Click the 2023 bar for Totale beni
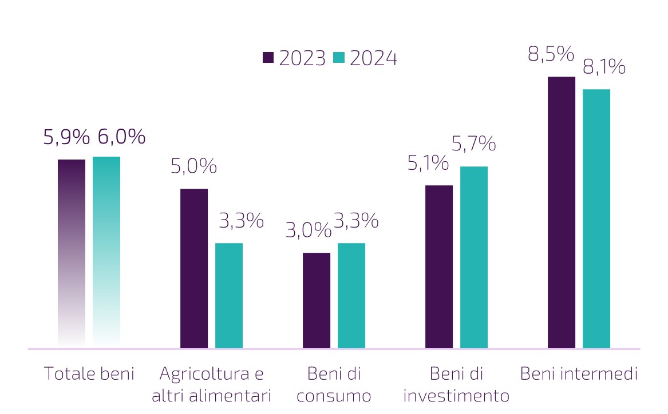tap(72, 252)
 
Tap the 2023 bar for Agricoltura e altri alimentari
tap(194, 268)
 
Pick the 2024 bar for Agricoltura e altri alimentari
tap(229, 295)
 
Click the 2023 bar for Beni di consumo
tap(317, 300)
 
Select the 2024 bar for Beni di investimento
tap(474, 257)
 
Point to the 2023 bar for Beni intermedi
tap(562, 212)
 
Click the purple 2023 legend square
tap(268, 58)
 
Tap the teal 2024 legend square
tap(339, 58)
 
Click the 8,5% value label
tap(551, 55)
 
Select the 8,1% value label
tap(604, 67)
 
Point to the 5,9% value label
tap(67, 137)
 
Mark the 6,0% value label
tap(121, 137)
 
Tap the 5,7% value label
tap(474, 144)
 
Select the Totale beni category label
tap(89, 374)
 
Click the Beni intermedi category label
tap(579, 374)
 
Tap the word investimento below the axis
tap(456, 396)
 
